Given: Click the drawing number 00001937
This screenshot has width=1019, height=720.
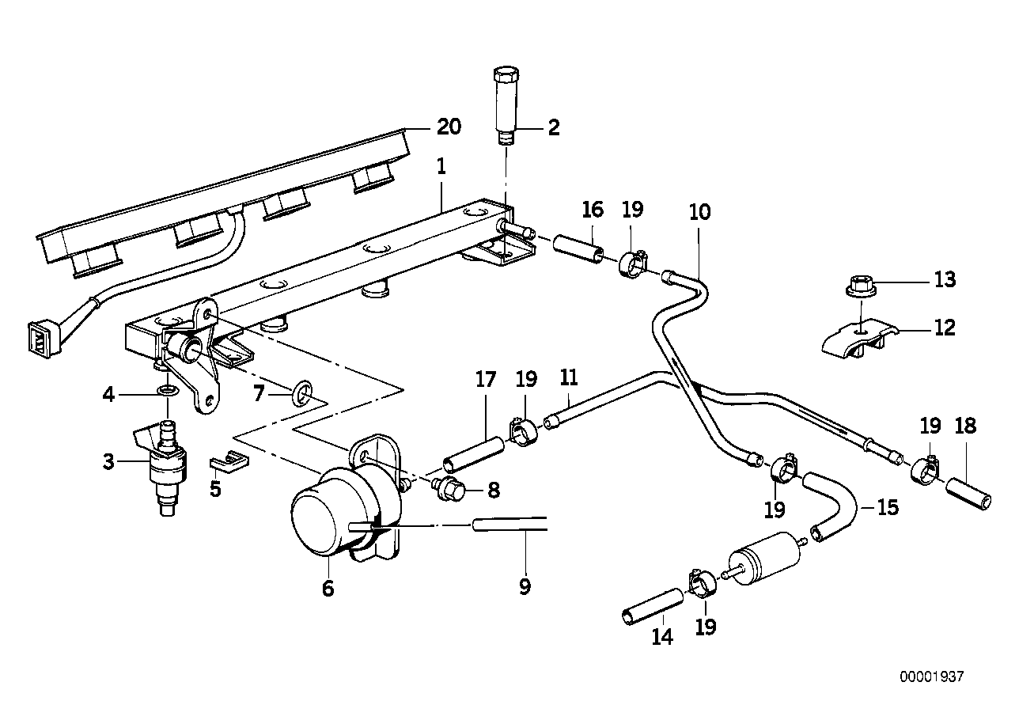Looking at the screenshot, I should coord(932,677).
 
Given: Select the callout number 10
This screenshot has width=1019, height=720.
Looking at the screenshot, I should coord(699,212).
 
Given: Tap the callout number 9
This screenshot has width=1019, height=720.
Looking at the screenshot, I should coord(525,586).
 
